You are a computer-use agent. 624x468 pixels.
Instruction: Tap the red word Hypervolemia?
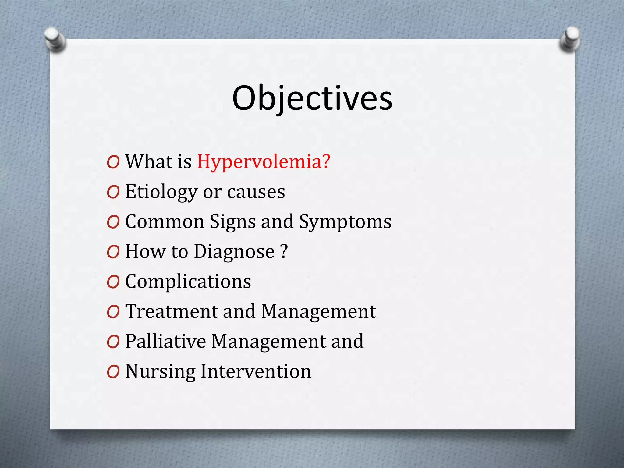pos(264,161)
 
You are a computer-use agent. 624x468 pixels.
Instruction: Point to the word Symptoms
pos(345,222)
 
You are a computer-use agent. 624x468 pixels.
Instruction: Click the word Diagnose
pos(234,252)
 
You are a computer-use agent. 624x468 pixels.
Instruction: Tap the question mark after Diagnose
pos(284,251)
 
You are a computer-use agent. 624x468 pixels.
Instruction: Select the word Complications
pos(188,281)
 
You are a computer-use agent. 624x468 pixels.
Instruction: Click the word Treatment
pos(172,311)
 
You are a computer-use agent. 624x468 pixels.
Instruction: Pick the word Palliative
pos(165,341)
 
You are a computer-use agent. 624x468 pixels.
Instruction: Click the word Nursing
pos(160,371)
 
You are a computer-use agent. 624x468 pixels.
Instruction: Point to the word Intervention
pos(256,371)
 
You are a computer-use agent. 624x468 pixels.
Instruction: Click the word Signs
pos(233,222)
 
